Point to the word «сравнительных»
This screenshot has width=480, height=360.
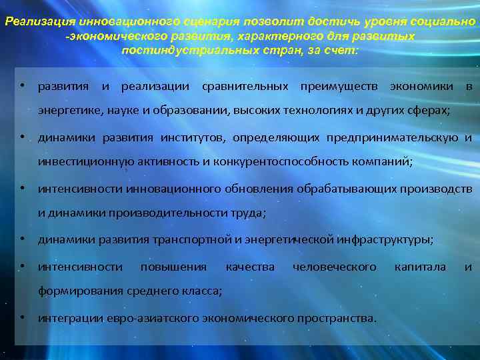[245, 87]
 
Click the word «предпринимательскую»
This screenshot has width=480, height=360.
[392, 138]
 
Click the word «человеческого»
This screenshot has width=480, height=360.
[334, 267]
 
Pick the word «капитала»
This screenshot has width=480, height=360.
[420, 267]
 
